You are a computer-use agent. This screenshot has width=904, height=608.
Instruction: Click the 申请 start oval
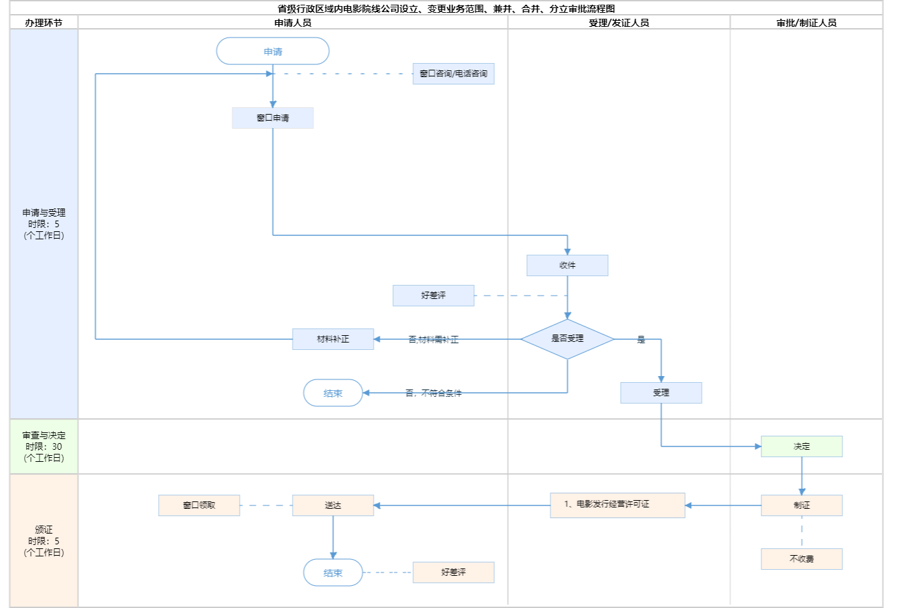[273, 52]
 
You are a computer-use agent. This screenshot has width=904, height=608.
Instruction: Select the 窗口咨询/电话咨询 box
[453, 74]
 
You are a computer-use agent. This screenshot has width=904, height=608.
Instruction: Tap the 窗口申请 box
[273, 118]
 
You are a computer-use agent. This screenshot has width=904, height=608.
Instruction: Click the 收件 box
[567, 265]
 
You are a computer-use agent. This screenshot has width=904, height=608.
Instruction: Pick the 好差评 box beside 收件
[433, 296]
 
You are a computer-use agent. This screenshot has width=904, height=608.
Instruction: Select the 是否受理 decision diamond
[567, 339]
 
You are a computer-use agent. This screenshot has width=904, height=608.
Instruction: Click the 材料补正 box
[333, 339]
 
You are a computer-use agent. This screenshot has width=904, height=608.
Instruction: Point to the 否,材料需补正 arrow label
[433, 340]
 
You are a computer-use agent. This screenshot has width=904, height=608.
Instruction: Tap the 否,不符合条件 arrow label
[433, 393]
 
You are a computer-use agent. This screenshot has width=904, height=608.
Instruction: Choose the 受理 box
[661, 393]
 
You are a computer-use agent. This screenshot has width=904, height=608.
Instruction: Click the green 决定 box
[802, 446]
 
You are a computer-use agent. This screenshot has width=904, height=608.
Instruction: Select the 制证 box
[802, 505]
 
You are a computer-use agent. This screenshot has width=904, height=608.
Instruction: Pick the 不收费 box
[802, 559]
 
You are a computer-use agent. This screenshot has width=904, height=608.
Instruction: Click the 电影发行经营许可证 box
[617, 505]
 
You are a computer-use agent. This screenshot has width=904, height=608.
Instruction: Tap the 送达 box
[333, 505]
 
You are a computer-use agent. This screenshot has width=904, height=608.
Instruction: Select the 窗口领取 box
[199, 505]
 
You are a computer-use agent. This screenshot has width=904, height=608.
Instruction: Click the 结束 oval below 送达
[333, 573]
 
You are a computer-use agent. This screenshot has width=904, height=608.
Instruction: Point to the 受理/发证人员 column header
[619, 23]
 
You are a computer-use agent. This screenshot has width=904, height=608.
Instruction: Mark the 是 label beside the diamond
[641, 340]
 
